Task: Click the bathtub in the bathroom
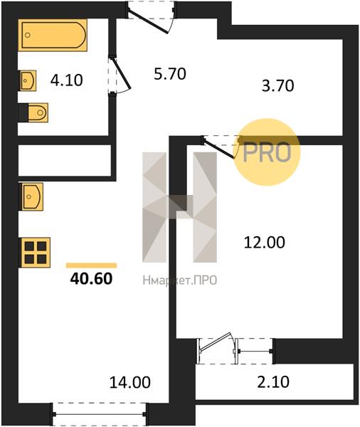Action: coord(53,35)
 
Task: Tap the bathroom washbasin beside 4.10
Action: coord(27,80)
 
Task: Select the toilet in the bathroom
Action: coord(33,112)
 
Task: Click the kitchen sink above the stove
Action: coord(31,196)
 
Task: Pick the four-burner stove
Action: coord(35,253)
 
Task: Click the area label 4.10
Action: coord(66,80)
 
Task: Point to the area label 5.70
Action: coord(170,74)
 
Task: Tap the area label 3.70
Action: coord(277,86)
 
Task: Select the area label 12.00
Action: coord(264,243)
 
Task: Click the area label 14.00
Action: coord(130,382)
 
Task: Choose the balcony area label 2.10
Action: coord(273,381)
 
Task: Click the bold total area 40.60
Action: coord(91,278)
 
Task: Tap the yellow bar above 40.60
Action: coord(92,265)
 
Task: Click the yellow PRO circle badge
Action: coord(267,152)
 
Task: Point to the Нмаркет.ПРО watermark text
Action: coord(180,280)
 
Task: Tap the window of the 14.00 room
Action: coord(99,414)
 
